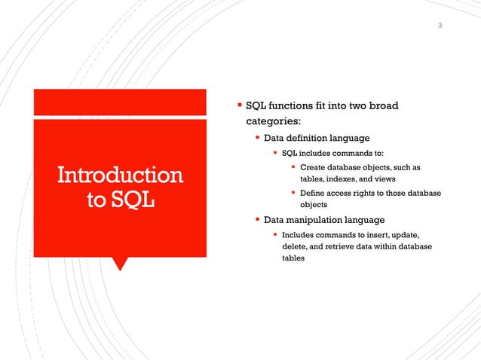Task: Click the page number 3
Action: tap(440, 27)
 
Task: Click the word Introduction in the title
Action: tap(121, 175)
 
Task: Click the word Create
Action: tap(313, 167)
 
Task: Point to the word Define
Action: tap(314, 193)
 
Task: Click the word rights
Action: tap(367, 193)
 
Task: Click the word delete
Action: tap(294, 246)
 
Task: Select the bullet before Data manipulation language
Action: tap(257, 220)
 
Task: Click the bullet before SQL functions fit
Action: tap(240, 105)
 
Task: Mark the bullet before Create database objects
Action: tap(293, 167)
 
